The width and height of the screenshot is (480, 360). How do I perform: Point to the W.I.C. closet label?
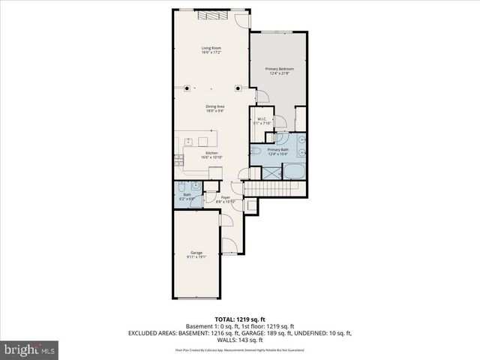pos(262,121)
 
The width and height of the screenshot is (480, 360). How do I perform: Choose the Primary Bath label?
pos(278,151)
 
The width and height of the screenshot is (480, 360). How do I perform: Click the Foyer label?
pos(225,199)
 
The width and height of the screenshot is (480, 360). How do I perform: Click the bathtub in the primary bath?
pos(293,172)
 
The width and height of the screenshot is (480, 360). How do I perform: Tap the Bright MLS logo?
pos(30,349)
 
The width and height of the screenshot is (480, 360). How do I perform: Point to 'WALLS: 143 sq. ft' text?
pos(240,340)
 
